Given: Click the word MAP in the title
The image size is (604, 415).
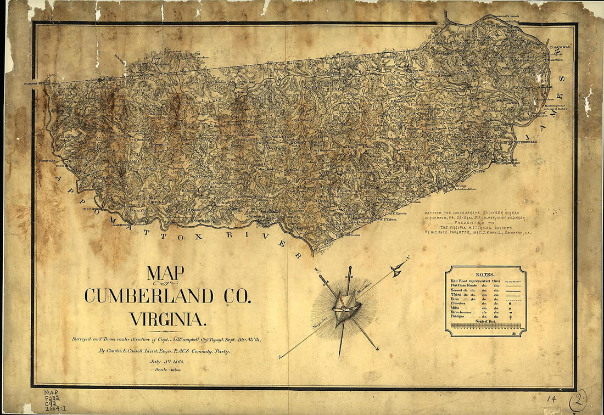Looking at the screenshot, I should coord(165,273).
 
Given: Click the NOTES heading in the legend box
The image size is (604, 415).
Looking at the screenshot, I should coord(485,274).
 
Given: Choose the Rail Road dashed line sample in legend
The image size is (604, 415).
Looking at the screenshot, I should coord(513,279).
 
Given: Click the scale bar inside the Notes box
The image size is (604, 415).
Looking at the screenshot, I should coord(485,326).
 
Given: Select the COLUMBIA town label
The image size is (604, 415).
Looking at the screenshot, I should coord(560,47).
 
